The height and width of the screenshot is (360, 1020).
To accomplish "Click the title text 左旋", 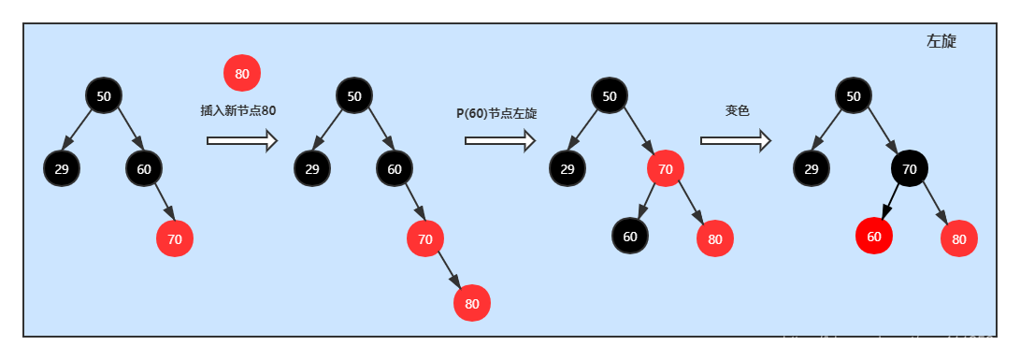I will (x=941, y=41).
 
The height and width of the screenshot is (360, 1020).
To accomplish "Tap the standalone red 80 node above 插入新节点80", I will (x=242, y=73).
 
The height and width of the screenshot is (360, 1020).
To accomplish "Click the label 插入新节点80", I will (x=238, y=110).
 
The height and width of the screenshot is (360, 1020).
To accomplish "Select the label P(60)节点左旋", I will (x=496, y=113).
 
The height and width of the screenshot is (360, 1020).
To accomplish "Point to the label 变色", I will (x=738, y=110).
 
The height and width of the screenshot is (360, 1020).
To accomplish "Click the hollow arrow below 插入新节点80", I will (x=242, y=140).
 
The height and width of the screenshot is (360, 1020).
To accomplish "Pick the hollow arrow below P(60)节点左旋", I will (x=499, y=140).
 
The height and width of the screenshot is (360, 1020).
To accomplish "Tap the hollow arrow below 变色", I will (x=735, y=140).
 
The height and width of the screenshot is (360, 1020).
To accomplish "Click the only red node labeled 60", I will (x=874, y=236).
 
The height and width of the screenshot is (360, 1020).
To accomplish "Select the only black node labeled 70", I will (x=910, y=168).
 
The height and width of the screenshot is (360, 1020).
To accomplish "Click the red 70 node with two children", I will (x=666, y=168).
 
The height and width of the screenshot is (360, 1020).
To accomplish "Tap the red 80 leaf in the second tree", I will (x=472, y=303).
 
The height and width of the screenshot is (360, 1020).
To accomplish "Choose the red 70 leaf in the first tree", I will (x=175, y=238).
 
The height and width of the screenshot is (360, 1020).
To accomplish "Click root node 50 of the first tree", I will (x=104, y=95).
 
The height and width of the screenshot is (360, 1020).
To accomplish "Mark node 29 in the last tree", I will (x=812, y=168).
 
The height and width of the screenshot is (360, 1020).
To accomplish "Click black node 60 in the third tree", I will (x=630, y=236).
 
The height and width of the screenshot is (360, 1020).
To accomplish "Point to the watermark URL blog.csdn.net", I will (x=895, y=343).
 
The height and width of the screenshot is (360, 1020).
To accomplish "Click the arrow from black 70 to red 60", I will (x=890, y=202).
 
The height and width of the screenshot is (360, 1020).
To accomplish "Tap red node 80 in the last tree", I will (x=959, y=238).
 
